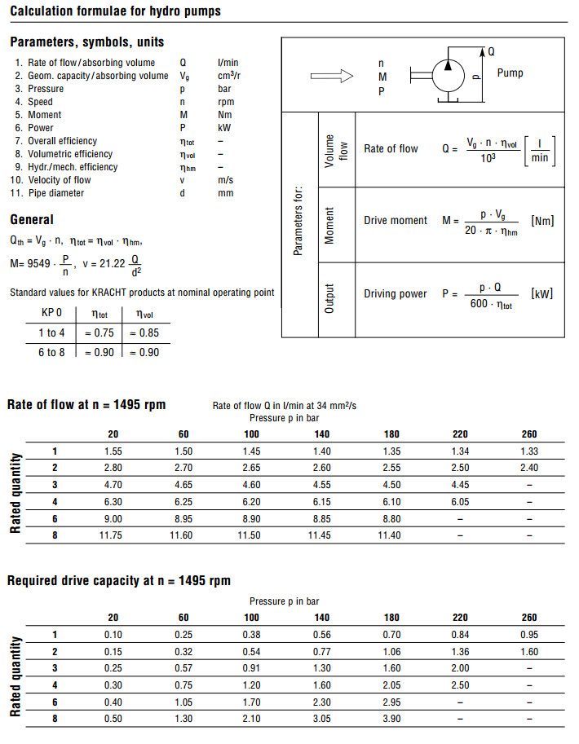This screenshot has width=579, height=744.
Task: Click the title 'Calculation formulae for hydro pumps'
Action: pyautogui.click(x=115, y=11)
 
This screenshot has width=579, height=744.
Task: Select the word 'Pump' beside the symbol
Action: pyautogui.click(x=510, y=73)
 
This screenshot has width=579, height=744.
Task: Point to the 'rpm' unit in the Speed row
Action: pyautogui.click(x=226, y=102)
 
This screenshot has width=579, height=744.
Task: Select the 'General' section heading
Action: pyautogui.click(x=32, y=219)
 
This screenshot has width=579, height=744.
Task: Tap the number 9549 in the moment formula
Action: pyautogui.click(x=41, y=264)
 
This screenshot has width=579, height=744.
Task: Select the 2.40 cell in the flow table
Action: pyautogui.click(x=528, y=467)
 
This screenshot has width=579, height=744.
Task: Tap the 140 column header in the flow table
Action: pyautogui.click(x=321, y=434)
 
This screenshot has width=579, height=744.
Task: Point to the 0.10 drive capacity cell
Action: pyautogui.click(x=113, y=634)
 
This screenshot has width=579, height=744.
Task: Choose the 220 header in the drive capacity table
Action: pyautogui.click(x=460, y=618)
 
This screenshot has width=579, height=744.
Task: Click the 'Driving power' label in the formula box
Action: pyautogui.click(x=396, y=293)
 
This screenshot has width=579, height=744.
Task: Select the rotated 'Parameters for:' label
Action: pyautogui.click(x=298, y=220)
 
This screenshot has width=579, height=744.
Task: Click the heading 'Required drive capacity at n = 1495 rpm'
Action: pyautogui.click(x=119, y=581)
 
